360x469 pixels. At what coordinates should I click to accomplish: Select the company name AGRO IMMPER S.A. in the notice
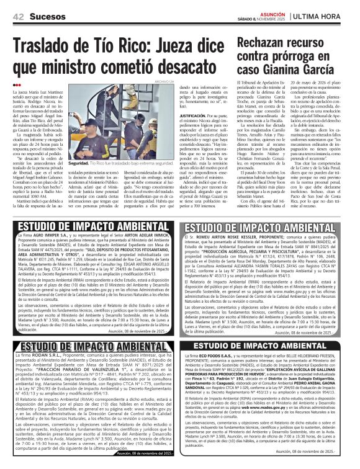click(50, 236)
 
